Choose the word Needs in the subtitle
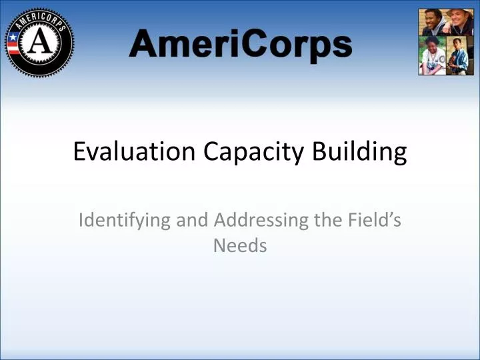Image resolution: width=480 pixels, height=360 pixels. coord(240,245)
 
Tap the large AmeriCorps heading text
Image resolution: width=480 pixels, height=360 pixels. coord(241,46)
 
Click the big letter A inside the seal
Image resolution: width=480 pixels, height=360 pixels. coord(40,45)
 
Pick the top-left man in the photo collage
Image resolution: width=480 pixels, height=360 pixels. coord(432,21)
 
